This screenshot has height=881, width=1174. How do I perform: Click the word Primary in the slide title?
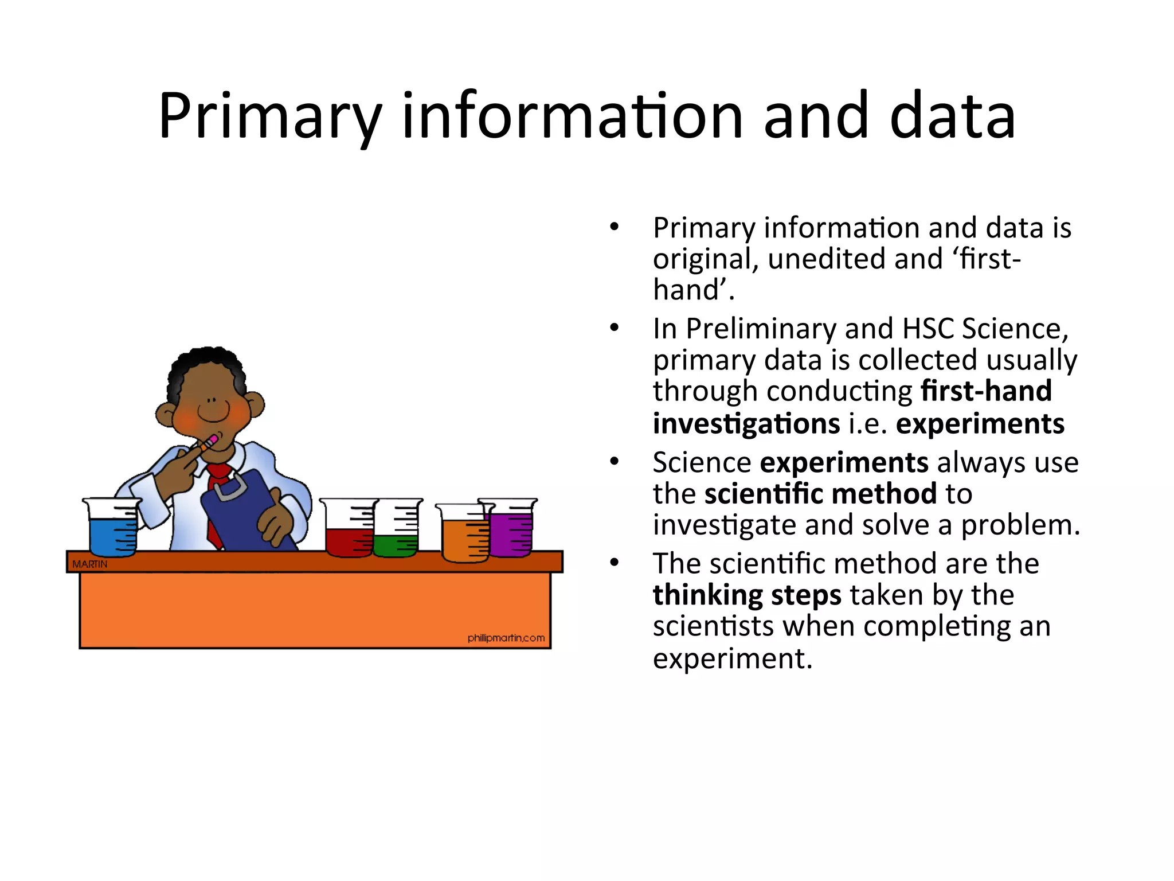click(270, 118)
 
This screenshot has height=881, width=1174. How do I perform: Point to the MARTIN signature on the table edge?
click(89, 564)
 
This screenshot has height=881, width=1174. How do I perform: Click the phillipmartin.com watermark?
click(506, 638)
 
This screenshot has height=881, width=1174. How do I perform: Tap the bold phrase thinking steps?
click(747, 595)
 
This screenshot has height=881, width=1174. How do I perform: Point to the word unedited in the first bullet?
click(826, 259)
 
